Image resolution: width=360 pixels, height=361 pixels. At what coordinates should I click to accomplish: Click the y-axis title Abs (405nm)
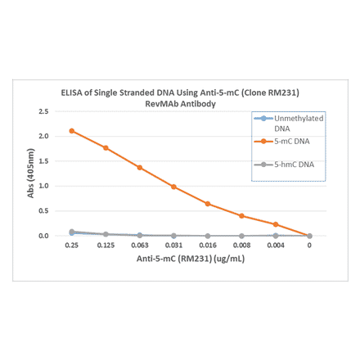pyautogui.click(x=30, y=173)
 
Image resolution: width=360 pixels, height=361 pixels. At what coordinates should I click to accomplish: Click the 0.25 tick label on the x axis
pyautogui.click(x=71, y=246)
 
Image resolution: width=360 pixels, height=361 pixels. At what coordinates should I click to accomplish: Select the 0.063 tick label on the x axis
pyautogui.click(x=139, y=246)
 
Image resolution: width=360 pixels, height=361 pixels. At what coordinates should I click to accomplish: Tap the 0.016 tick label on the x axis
pyautogui.click(x=207, y=246)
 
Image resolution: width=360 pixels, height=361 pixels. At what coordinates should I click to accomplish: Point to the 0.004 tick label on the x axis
pyautogui.click(x=275, y=246)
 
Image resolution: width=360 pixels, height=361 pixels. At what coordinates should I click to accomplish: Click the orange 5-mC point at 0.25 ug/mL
pyautogui.click(x=72, y=131)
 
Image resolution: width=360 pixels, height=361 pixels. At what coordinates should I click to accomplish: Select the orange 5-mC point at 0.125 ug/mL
pyautogui.click(x=106, y=147)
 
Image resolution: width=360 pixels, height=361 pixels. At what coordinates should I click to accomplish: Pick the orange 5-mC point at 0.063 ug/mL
pyautogui.click(x=140, y=168)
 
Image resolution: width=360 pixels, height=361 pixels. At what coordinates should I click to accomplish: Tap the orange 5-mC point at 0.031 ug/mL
pyautogui.click(x=173, y=187)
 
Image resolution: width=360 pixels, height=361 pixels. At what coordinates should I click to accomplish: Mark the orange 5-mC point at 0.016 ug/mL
pyautogui.click(x=208, y=204)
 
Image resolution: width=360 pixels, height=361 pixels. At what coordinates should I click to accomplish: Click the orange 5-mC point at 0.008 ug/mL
pyautogui.click(x=241, y=216)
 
